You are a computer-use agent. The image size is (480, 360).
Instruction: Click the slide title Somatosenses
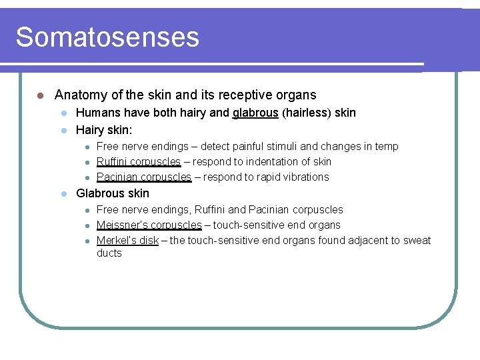[107, 37]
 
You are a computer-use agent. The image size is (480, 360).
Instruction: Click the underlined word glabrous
[255, 113]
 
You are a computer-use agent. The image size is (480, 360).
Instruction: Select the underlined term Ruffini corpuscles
[139, 161]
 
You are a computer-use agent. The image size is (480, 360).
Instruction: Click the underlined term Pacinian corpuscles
[144, 177]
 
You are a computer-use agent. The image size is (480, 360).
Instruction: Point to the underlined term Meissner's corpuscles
[149, 225]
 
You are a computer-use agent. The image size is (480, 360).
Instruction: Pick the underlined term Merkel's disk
[127, 240]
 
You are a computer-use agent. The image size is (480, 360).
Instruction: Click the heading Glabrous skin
[113, 193]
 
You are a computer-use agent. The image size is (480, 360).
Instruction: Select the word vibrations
[303, 177]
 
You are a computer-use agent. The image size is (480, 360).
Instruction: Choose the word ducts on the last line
[109, 253]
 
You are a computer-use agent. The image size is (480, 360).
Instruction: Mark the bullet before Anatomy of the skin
[40, 95]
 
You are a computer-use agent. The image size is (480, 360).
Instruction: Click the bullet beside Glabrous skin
[63, 194]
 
